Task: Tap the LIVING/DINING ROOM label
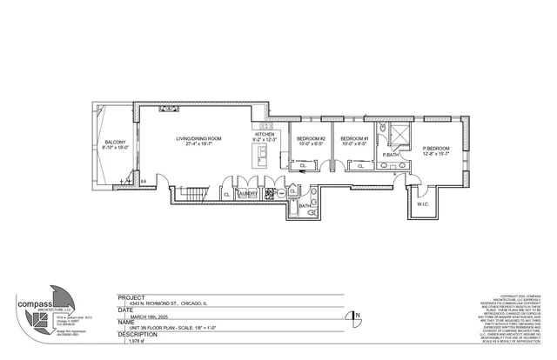(x=199, y=138)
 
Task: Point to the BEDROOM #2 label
(x=311, y=139)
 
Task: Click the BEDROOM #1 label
(x=354, y=139)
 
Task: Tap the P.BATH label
(x=389, y=155)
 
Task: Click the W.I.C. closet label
(x=422, y=204)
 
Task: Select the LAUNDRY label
(x=247, y=194)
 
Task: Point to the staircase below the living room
(x=199, y=195)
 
